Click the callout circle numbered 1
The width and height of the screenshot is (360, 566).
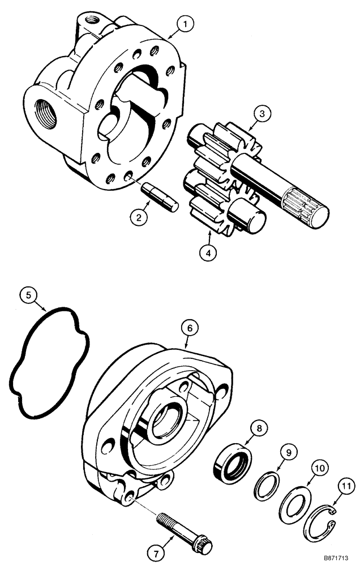(x=185, y=24)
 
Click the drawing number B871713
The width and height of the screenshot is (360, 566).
(x=335, y=558)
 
